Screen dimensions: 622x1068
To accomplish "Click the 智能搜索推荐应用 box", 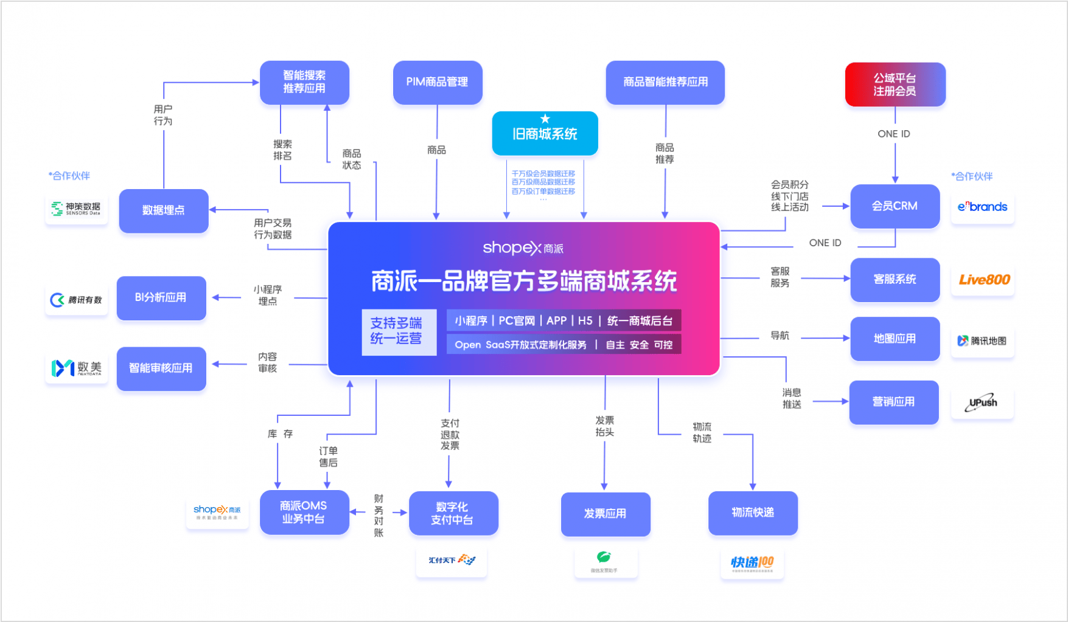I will (304, 82).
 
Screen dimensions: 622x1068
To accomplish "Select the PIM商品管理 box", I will (437, 82).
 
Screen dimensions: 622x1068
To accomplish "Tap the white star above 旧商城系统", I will (545, 119).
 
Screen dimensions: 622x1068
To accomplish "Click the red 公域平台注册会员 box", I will (895, 85).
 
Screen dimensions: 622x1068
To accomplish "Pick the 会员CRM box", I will (895, 206).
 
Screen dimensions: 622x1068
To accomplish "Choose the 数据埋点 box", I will (163, 210).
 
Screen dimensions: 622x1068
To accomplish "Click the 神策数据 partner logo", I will (77, 209).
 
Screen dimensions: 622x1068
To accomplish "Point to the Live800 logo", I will (983, 280).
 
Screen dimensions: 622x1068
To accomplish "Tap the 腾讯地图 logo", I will (982, 340).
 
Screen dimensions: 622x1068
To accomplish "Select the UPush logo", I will (982, 403).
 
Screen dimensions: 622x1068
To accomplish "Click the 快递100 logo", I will (752, 563).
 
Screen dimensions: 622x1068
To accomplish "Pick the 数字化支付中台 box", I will (453, 513).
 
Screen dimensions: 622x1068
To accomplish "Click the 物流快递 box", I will (753, 513).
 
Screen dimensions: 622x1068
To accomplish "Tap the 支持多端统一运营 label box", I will (398, 331).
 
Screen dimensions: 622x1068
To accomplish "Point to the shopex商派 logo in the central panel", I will (523, 248).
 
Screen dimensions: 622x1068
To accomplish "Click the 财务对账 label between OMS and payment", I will (379, 516).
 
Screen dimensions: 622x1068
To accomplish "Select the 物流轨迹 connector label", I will (702, 433).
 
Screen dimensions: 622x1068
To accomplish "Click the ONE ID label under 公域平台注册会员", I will (893, 134).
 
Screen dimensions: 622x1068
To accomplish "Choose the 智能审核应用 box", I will (161, 368).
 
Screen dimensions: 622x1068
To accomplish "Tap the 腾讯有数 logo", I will (77, 300).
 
